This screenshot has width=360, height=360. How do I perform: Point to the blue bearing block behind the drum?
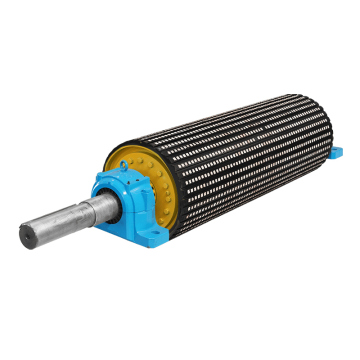pos(336,153)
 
